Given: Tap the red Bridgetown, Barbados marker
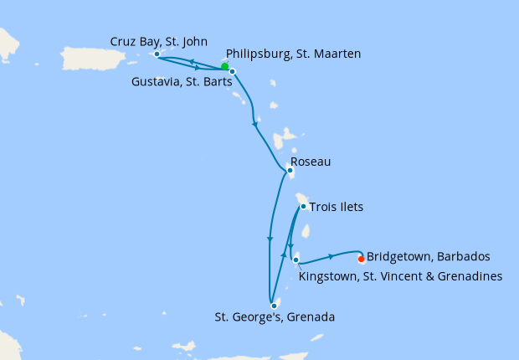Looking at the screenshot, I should coord(361,259).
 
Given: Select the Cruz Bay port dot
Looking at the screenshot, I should coord(157,54).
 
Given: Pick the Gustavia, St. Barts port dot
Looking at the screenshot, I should coord(233,71).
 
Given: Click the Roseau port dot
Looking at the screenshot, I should coord(290,171).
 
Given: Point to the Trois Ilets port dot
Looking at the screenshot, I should coord(303,206).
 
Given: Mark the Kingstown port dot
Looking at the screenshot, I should coord(295,260).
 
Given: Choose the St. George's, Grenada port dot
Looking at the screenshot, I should coord(274,306).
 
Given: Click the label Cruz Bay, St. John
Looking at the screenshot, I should coord(159,41).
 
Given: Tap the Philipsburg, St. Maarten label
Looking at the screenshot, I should coord(293,54).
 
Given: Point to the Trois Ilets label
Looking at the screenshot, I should coord(336,206).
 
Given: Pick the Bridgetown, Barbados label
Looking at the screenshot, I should coord(428,256).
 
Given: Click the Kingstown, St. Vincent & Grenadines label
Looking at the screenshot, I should coord(400,275).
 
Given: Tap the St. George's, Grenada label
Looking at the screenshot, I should coord(275,317).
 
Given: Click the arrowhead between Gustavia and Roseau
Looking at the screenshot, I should coord(254,124).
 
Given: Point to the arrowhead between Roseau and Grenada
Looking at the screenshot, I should coord(270,239).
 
